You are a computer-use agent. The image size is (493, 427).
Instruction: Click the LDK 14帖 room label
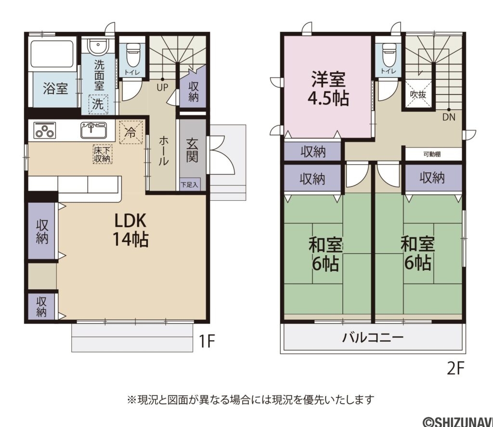pyautogui.click(x=130, y=230)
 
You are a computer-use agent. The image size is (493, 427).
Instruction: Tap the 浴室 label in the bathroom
pyautogui.click(x=55, y=89)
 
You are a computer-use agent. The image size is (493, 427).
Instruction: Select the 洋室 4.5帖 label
pyautogui.click(x=328, y=89)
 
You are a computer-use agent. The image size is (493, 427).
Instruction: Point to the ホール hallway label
pyautogui.click(x=163, y=151)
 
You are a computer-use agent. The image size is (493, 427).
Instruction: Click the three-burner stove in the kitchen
pyautogui.click(x=45, y=130)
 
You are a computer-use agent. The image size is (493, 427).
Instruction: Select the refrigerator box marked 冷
pyautogui.click(x=130, y=131)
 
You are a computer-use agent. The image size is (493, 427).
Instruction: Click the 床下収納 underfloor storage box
pyautogui.click(x=102, y=154)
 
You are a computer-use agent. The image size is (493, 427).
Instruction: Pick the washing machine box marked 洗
pyautogui.click(x=98, y=104)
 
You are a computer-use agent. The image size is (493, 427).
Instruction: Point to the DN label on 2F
pyautogui.click(x=448, y=117)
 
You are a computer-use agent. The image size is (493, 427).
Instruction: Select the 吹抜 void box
pyautogui.click(x=417, y=95)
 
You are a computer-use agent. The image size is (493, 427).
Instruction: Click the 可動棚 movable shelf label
pyautogui.click(x=432, y=154)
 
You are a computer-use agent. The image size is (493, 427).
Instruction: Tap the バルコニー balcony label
pyautogui.click(x=373, y=337)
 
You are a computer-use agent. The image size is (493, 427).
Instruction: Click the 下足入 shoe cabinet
pyautogui.click(x=189, y=184)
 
